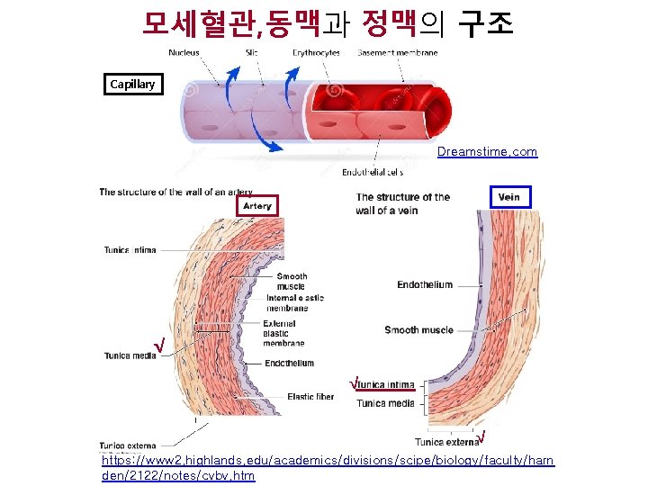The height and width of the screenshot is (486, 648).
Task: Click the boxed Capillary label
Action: point(132,85)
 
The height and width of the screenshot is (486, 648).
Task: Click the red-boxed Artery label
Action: point(256,206)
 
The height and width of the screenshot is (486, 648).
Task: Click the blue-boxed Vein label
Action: point(508,197)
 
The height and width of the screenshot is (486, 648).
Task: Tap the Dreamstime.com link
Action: point(487,152)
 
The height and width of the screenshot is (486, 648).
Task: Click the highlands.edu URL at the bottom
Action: point(328,467)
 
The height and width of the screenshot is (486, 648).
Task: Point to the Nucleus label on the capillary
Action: point(184,53)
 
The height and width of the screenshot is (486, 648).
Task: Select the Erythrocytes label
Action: point(316,53)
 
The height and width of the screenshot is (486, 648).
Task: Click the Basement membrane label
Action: point(397,53)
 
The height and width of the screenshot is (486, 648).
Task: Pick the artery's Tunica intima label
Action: point(129,249)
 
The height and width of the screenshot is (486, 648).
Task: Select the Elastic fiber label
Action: point(310,397)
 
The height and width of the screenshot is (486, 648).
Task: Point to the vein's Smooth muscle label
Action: point(418,330)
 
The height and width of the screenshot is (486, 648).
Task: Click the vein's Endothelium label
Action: point(425,285)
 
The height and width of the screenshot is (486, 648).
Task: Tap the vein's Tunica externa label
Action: point(446,442)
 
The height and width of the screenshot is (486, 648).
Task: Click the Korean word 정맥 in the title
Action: point(388,22)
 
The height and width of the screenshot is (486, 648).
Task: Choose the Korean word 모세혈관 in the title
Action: point(197,22)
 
